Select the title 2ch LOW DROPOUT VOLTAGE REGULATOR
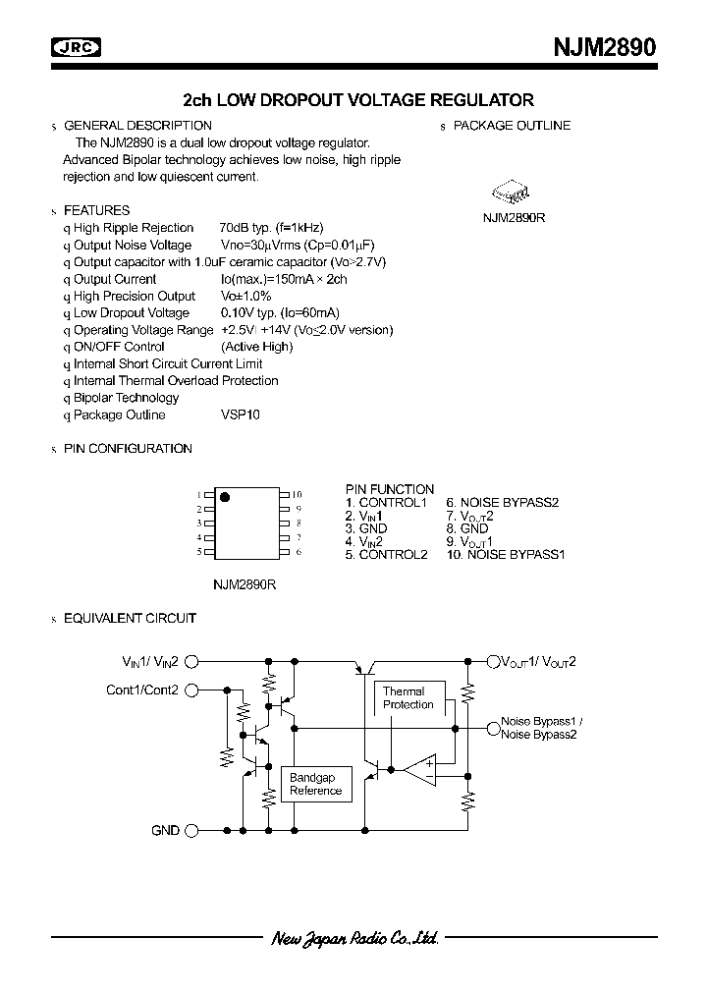coord(358,99)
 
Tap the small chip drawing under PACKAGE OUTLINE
coord(513,191)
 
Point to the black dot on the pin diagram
coord(224,496)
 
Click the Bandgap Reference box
coord(316,784)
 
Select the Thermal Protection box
coord(408,698)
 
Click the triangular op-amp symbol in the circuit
coord(424,768)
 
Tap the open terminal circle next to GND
coord(192,830)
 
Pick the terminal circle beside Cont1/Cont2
coord(192,690)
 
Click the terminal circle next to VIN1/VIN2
coord(192,662)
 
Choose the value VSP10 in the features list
coord(241,414)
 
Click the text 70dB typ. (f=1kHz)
coord(278,228)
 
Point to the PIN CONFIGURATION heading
coord(128,448)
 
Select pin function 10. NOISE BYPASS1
coord(506,554)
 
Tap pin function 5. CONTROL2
coord(386,554)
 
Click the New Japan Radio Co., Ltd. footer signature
coord(353,938)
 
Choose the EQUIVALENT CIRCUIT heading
coord(130,618)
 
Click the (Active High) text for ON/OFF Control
coord(256,347)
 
